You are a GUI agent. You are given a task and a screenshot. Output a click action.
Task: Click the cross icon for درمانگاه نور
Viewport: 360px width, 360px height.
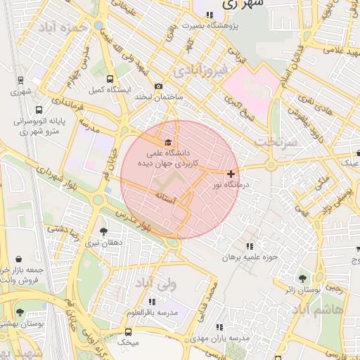(x=231, y=173)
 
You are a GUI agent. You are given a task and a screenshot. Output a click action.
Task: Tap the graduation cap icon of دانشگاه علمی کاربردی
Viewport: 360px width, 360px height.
(x=167, y=142)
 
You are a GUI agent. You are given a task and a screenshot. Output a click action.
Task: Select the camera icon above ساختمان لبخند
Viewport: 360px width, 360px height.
(x=158, y=86)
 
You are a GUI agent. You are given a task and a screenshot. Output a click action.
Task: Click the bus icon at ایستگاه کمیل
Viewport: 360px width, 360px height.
(x=110, y=79)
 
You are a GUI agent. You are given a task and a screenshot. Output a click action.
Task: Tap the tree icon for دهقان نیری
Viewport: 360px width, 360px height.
(x=104, y=231)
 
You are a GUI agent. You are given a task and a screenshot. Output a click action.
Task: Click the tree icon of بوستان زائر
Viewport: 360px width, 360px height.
(x=303, y=278)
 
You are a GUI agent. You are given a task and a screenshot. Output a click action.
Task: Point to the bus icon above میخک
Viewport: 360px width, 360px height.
(x=128, y=331)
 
